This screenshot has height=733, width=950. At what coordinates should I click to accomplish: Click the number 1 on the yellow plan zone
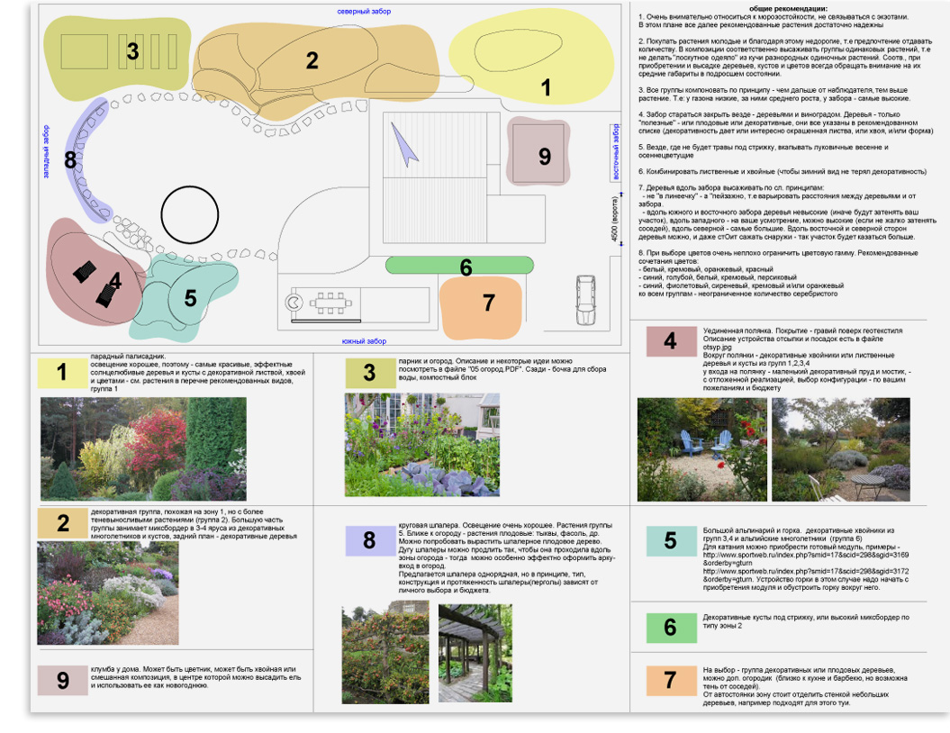tap(545, 87)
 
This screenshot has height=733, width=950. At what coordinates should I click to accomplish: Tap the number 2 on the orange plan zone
tap(312, 60)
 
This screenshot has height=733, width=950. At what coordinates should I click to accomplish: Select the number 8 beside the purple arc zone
tap(70, 161)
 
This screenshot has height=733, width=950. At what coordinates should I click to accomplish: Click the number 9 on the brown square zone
tap(544, 156)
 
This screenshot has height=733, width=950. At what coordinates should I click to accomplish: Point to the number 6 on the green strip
tap(466, 267)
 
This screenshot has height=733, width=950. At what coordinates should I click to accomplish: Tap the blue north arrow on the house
tap(404, 143)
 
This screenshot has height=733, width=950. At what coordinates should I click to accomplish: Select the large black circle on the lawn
tap(190, 214)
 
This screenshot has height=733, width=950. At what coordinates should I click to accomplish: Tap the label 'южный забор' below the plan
tap(364, 341)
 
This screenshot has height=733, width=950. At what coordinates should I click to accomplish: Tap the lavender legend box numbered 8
tap(369, 540)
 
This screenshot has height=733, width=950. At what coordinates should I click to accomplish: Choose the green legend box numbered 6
tap(670, 627)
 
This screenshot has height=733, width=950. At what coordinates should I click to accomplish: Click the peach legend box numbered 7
tap(670, 680)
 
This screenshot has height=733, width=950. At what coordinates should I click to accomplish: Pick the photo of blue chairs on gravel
tap(702, 449)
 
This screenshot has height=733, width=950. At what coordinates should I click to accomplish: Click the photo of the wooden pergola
tap(475, 653)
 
